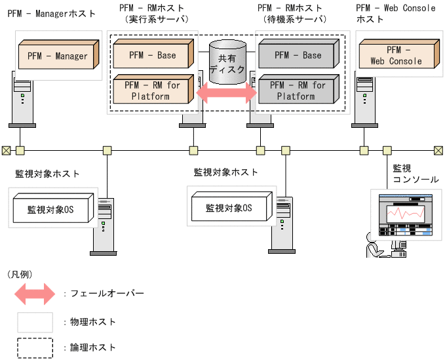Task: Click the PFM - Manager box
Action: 58,56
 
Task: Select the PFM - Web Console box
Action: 396,56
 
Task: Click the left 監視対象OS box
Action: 50,209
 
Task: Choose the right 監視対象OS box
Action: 229,209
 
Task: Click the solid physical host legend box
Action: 35,322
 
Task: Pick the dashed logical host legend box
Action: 35,348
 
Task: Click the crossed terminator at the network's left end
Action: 6,150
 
